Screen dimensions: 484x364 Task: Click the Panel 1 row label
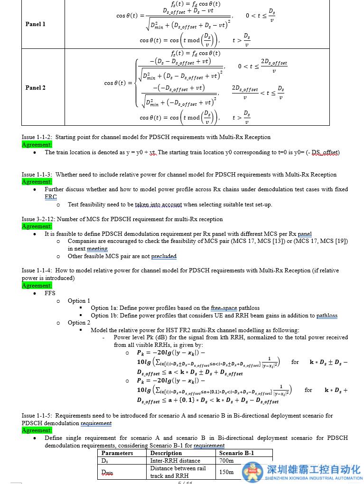tap(36, 24)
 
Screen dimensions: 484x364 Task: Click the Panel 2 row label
tap(36, 88)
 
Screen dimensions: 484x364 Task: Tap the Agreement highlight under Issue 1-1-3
tap(37, 182)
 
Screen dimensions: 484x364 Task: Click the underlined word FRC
tap(51, 197)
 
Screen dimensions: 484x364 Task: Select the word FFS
tap(50, 293)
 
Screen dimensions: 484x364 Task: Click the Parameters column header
tap(117, 453)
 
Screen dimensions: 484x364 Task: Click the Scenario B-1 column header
tap(236, 453)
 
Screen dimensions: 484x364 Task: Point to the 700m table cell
tap(226, 461)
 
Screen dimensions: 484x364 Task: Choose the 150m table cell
tap(226, 472)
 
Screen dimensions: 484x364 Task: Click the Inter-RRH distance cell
tap(168, 461)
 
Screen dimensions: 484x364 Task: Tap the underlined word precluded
tap(164, 256)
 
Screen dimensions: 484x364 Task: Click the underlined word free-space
tap(224, 308)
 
